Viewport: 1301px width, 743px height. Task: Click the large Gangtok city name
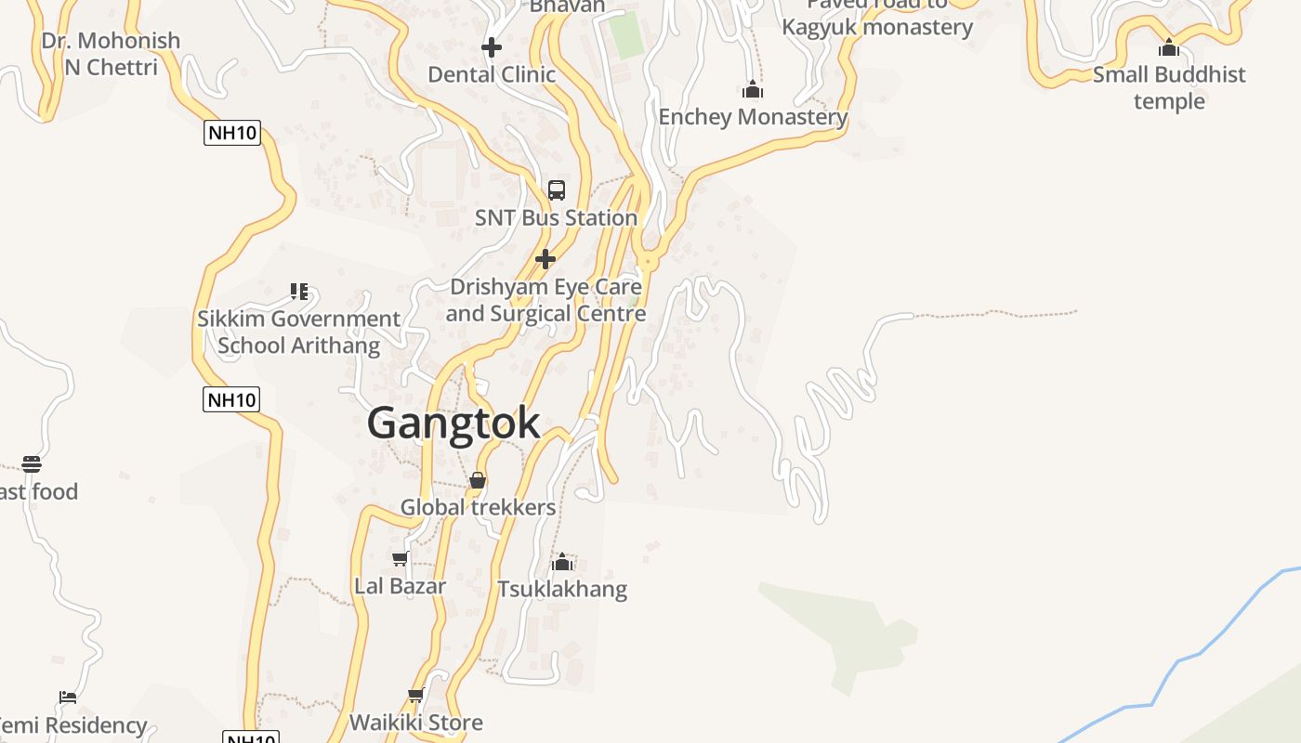(x=453, y=424)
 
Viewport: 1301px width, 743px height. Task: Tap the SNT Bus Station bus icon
(x=557, y=190)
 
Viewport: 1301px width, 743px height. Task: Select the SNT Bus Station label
(x=556, y=217)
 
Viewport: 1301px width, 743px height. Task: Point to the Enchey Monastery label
(x=753, y=117)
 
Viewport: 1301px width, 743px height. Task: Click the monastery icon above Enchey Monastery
(x=753, y=90)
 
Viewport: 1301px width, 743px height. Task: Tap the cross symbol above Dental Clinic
(x=492, y=46)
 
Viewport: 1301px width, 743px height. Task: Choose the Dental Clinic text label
(x=492, y=74)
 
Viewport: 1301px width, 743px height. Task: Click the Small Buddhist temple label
(x=1169, y=87)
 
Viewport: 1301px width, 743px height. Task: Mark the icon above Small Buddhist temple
(x=1169, y=47)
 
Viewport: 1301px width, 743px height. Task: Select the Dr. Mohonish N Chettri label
(x=111, y=54)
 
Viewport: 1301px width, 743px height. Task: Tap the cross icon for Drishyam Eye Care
(x=545, y=259)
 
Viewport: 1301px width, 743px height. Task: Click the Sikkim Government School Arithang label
(x=298, y=332)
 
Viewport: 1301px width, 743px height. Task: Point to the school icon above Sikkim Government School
(x=298, y=292)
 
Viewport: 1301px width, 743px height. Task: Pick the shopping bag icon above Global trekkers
(x=478, y=480)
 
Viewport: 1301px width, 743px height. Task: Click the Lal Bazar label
(x=401, y=586)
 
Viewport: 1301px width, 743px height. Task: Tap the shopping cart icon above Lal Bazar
(x=401, y=558)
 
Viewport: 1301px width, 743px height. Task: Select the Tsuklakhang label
(x=562, y=589)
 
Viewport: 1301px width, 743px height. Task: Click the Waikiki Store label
(x=416, y=723)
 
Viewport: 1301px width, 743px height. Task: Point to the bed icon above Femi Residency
(x=67, y=697)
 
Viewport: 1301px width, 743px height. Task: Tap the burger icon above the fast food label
(x=32, y=463)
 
